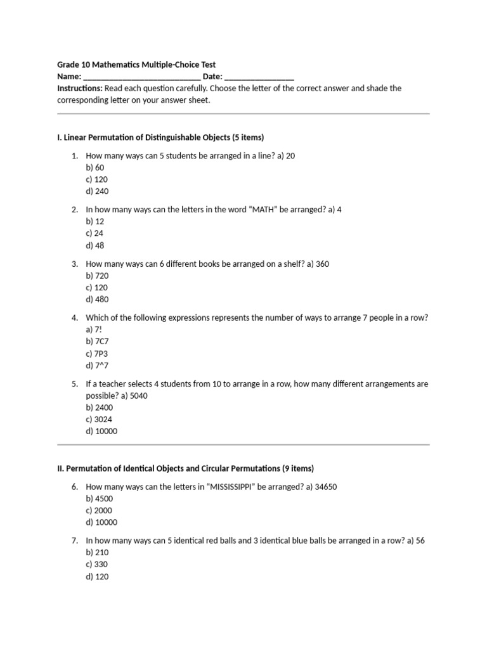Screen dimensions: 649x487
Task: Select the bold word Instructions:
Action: [x=80, y=88]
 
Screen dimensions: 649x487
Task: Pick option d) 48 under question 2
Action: [x=95, y=245]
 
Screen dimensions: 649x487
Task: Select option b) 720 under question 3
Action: [x=98, y=276]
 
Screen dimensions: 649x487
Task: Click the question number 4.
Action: [x=74, y=318]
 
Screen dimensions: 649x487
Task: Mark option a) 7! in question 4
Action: [x=94, y=330]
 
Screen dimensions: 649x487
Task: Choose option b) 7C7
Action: [x=97, y=341]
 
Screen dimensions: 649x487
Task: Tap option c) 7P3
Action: [x=96, y=353]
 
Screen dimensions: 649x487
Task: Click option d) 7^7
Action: [x=96, y=365]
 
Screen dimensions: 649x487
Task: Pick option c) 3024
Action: [x=100, y=419]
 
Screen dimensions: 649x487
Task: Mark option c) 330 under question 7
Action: [x=98, y=565]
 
